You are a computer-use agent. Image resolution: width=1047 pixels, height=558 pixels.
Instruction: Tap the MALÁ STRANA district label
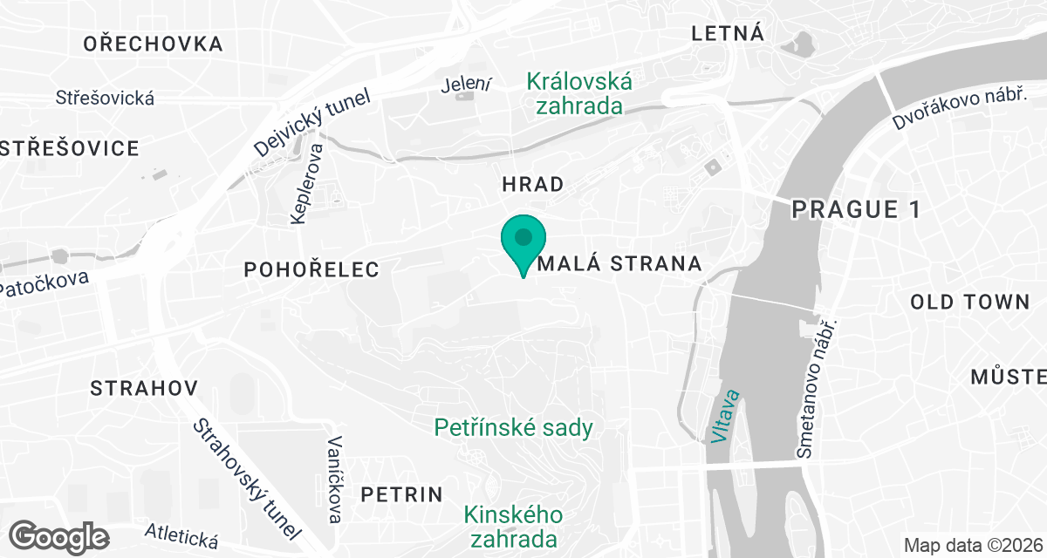[620, 263]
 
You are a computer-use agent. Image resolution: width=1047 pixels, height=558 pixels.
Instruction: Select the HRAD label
[532, 184]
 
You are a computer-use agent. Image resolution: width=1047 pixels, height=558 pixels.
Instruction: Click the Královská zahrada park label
[579, 94]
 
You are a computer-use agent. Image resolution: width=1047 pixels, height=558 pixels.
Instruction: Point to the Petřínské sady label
[515, 428]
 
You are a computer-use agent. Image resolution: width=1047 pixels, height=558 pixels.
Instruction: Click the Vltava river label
[724, 417]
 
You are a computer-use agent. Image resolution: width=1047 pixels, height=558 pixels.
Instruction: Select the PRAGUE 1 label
[845, 209]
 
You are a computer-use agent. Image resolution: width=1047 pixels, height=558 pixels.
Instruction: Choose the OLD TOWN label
[969, 303]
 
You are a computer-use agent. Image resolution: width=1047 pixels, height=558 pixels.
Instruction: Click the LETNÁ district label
[727, 34]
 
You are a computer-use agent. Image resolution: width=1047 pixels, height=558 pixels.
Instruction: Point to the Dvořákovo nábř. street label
[958, 109]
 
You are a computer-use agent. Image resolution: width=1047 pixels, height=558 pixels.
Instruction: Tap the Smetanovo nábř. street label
[817, 388]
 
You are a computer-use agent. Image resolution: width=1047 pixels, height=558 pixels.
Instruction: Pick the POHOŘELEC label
[312, 269]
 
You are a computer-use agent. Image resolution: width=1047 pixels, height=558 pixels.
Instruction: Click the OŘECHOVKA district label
[153, 44]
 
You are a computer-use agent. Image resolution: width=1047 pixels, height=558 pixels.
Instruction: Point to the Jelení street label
[467, 85]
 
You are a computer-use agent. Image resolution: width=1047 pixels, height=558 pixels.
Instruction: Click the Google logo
[59, 535]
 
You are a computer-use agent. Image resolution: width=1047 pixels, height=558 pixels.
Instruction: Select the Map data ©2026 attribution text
[972, 546]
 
